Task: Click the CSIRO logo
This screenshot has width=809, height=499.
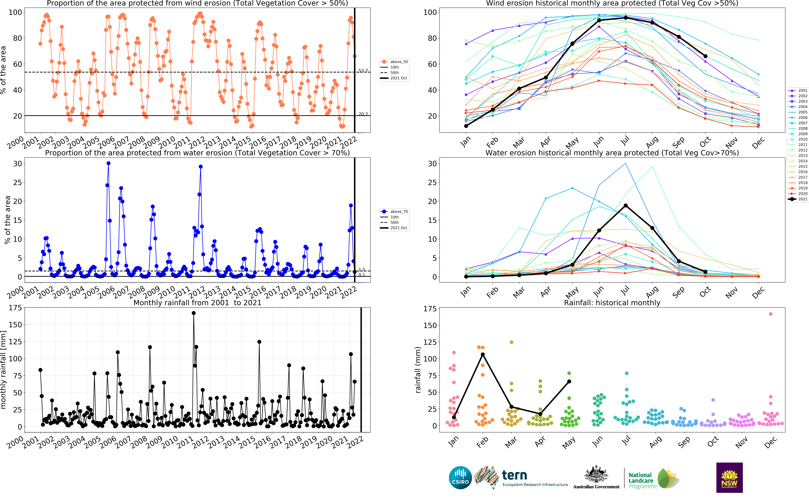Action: pos(460,478)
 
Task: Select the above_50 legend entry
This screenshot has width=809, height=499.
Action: pos(394,62)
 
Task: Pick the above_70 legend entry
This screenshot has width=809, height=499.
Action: pos(394,212)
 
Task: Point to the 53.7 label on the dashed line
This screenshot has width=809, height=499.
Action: pos(363,71)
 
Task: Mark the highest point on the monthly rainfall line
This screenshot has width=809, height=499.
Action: pos(194,313)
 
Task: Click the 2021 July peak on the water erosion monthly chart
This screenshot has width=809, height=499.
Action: pos(625,206)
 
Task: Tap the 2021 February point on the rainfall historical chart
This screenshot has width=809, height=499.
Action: pos(483,354)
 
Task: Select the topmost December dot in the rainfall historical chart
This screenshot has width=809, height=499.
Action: pos(770,314)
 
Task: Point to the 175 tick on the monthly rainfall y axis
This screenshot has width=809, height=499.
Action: pos(15,308)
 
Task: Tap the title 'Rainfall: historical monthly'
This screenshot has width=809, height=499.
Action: pos(612,303)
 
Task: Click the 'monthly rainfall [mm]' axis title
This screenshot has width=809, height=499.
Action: pos(4,370)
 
